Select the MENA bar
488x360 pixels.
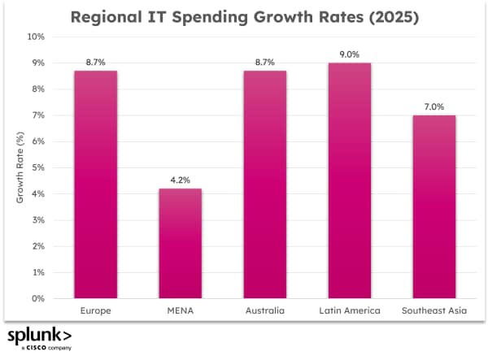click(180, 243)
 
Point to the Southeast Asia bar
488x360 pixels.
click(434, 206)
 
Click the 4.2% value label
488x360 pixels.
click(180, 180)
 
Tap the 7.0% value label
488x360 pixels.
click(434, 107)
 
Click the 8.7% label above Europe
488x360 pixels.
click(95, 63)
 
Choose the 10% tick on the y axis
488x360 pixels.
click(37, 37)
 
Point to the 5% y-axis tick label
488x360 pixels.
click(39, 167)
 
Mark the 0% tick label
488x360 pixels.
click(39, 298)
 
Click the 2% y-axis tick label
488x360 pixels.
click(39, 246)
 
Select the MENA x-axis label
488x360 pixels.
click(180, 311)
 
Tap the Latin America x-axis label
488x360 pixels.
click(349, 311)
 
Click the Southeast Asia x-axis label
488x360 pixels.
click(434, 311)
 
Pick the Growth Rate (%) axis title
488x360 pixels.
click(20, 167)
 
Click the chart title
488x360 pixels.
click(244, 17)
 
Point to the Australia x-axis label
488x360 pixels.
click(264, 311)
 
